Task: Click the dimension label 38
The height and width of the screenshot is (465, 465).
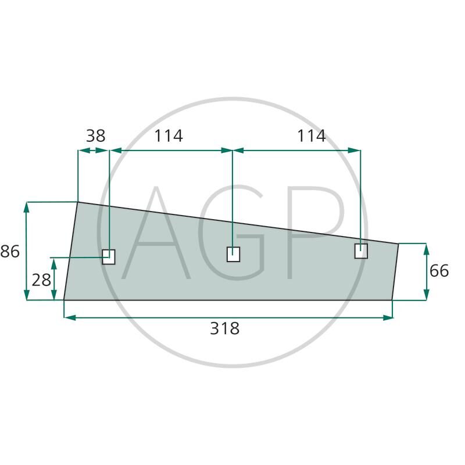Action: click(95, 136)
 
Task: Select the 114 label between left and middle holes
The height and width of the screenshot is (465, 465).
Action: click(168, 136)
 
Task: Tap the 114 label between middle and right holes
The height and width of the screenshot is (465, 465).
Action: click(311, 136)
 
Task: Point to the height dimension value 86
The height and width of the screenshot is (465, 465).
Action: click(10, 252)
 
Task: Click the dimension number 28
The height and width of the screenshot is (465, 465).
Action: click(41, 280)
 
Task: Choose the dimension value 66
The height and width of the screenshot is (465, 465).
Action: click(439, 271)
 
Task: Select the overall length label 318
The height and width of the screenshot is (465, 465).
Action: click(224, 329)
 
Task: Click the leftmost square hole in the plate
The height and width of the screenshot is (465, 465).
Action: click(109, 256)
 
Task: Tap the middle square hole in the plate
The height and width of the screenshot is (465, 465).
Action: click(233, 254)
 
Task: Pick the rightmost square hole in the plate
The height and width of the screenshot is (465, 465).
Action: click(361, 251)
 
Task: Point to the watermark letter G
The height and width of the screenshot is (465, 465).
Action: click(233, 233)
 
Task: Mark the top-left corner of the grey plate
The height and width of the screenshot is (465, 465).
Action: click(78, 202)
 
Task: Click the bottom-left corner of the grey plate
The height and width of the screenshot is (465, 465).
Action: click(63, 300)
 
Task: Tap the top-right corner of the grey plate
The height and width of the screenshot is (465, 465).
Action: click(399, 244)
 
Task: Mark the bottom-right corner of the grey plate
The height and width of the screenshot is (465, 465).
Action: click(392, 300)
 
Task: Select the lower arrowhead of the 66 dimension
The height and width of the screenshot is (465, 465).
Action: click(427, 296)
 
